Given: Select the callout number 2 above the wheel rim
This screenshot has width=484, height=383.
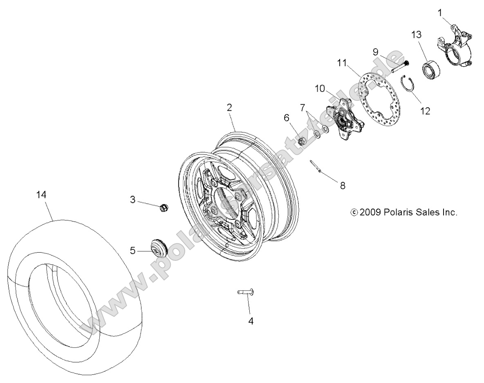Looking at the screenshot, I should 229,108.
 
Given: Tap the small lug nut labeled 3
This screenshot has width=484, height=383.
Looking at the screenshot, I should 163,207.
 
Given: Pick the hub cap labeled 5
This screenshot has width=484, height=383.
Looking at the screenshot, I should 159,248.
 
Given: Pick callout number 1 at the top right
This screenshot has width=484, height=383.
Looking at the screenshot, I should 440,13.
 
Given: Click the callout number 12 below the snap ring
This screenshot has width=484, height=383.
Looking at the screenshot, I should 425,110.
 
